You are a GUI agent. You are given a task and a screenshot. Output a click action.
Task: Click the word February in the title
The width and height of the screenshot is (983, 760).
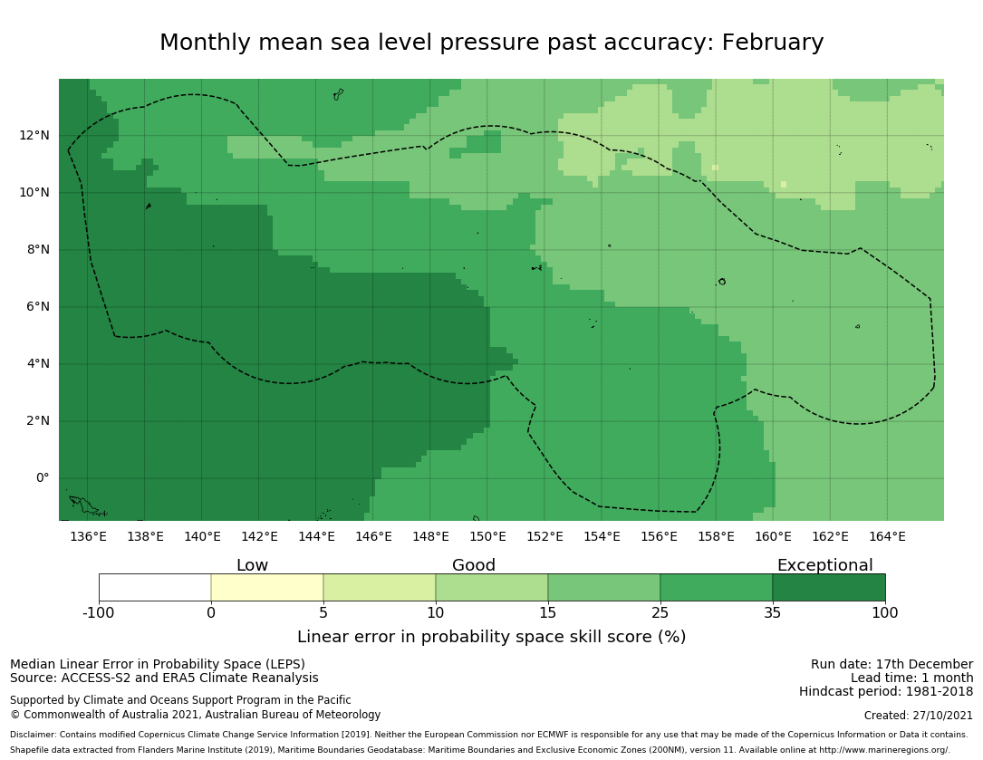point(772,43)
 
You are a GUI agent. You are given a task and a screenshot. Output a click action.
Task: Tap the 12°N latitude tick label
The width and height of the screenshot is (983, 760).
point(34,136)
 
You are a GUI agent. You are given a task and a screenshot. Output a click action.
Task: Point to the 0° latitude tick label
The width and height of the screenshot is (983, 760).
point(43,478)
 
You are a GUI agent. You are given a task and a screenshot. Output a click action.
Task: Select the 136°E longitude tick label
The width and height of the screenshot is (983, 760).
point(88,537)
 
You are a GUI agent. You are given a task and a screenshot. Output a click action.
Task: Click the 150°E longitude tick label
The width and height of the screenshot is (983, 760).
point(487,537)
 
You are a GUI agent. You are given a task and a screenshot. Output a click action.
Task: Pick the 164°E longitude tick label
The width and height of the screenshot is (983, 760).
point(887,537)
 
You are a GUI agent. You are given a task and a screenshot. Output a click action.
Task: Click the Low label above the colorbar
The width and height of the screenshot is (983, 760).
point(252,566)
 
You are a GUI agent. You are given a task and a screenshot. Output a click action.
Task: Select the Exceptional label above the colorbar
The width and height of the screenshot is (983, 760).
point(824,566)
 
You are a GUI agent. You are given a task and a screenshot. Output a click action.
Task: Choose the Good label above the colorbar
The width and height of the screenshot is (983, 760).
point(474,566)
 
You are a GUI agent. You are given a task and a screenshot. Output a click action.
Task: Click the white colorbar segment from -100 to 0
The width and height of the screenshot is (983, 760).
point(155,587)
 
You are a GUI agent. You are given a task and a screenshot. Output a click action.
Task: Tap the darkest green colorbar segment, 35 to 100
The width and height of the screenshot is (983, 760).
point(828,587)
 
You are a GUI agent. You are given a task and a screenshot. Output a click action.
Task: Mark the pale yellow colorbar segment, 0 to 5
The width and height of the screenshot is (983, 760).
point(267,587)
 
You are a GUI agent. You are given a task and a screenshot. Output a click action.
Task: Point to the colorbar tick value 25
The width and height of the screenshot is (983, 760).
point(660,613)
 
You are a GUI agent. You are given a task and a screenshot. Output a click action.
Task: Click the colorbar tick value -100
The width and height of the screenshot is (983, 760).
point(99,613)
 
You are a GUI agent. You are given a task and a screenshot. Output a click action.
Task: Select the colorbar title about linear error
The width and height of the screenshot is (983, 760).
point(491,637)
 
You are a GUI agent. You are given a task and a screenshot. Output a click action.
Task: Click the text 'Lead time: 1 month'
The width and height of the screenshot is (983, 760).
point(911,678)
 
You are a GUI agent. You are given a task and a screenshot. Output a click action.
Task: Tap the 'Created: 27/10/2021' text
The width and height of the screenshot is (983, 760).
point(918,716)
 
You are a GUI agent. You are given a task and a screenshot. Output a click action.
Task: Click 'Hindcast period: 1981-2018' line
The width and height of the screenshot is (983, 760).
point(885,692)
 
